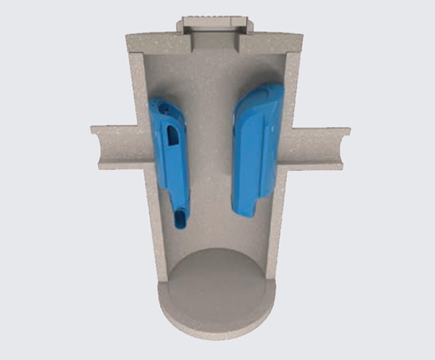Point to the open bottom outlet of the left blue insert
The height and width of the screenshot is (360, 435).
coord(182,219)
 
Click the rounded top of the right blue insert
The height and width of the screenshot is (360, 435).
coord(261,94)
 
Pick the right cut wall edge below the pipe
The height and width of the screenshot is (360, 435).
coord(279,222)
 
